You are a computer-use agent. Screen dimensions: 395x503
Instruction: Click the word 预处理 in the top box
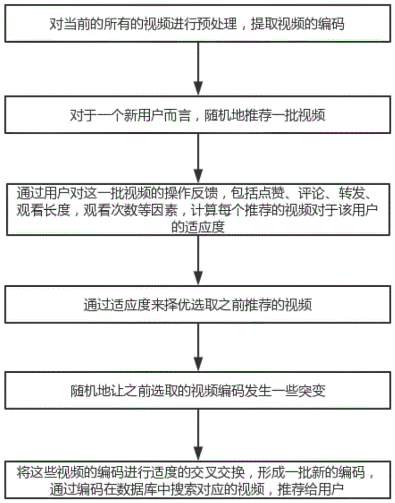[217, 24]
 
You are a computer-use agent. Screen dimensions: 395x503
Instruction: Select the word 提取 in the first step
[264, 24]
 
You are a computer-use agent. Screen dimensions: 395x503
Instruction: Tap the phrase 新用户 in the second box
[144, 115]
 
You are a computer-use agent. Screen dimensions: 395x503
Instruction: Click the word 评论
[311, 193]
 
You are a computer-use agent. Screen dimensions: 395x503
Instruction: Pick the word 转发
[351, 193]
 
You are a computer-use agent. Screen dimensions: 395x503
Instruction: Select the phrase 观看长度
[43, 210]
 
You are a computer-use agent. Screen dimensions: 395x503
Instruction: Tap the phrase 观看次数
[110, 210]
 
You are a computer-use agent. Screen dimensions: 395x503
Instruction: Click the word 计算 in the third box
[204, 210]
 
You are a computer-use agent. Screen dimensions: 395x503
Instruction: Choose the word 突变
[312, 390]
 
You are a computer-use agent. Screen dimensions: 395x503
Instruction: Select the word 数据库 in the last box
[137, 489]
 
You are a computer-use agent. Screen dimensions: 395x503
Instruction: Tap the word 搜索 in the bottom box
[184, 489]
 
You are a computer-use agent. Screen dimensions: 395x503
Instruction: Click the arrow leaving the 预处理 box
[199, 68]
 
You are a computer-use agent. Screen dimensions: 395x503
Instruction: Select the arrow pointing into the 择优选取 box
[199, 260]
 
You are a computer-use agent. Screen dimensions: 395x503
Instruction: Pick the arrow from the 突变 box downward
[199, 435]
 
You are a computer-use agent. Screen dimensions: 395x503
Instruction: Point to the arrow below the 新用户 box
[199, 158]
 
